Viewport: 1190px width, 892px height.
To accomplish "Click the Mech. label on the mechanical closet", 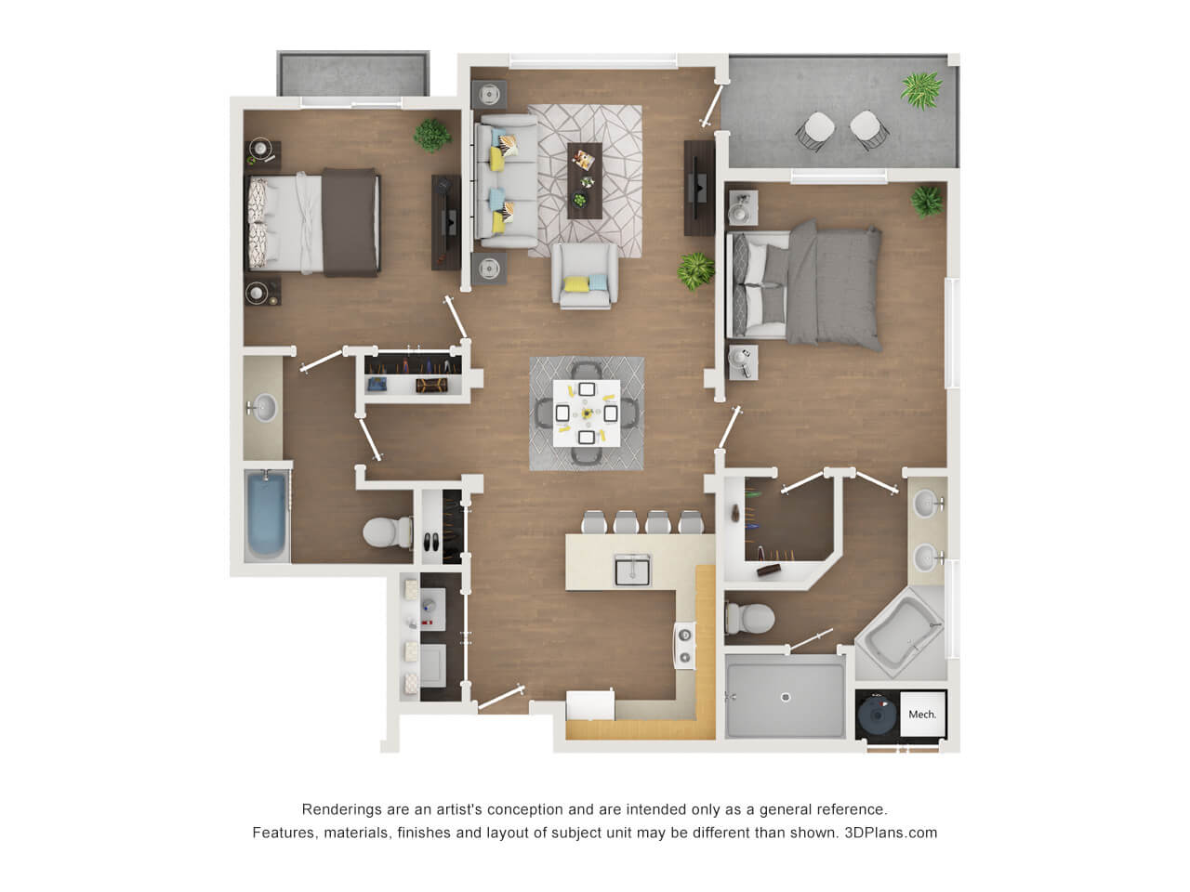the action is tap(921, 715).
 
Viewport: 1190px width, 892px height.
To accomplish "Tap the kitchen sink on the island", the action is tap(632, 570).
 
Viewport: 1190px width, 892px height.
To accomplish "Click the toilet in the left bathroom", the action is tap(387, 531).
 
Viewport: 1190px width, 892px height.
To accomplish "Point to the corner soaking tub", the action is tap(900, 633).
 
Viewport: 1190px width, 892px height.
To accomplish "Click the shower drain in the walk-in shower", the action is tap(785, 697).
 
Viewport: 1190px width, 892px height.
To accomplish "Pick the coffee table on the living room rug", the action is tap(585, 180).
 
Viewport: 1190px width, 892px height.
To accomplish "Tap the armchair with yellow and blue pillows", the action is tap(585, 276).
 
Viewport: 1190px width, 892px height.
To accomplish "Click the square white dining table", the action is tap(587, 413).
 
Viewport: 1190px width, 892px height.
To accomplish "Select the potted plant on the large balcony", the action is tap(921, 90).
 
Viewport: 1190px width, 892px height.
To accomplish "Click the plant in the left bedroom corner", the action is tap(432, 135).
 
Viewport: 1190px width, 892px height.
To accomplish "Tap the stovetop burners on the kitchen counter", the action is tap(684, 646).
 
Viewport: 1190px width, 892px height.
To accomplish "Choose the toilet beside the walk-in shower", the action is tap(750, 618).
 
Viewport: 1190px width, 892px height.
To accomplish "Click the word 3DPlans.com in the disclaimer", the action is tap(891, 833).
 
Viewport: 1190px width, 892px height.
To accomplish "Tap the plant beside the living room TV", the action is tap(695, 269).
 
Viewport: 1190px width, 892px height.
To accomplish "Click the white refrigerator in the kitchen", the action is tap(589, 704).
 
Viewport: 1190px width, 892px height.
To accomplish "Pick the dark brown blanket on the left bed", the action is tap(350, 222).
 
